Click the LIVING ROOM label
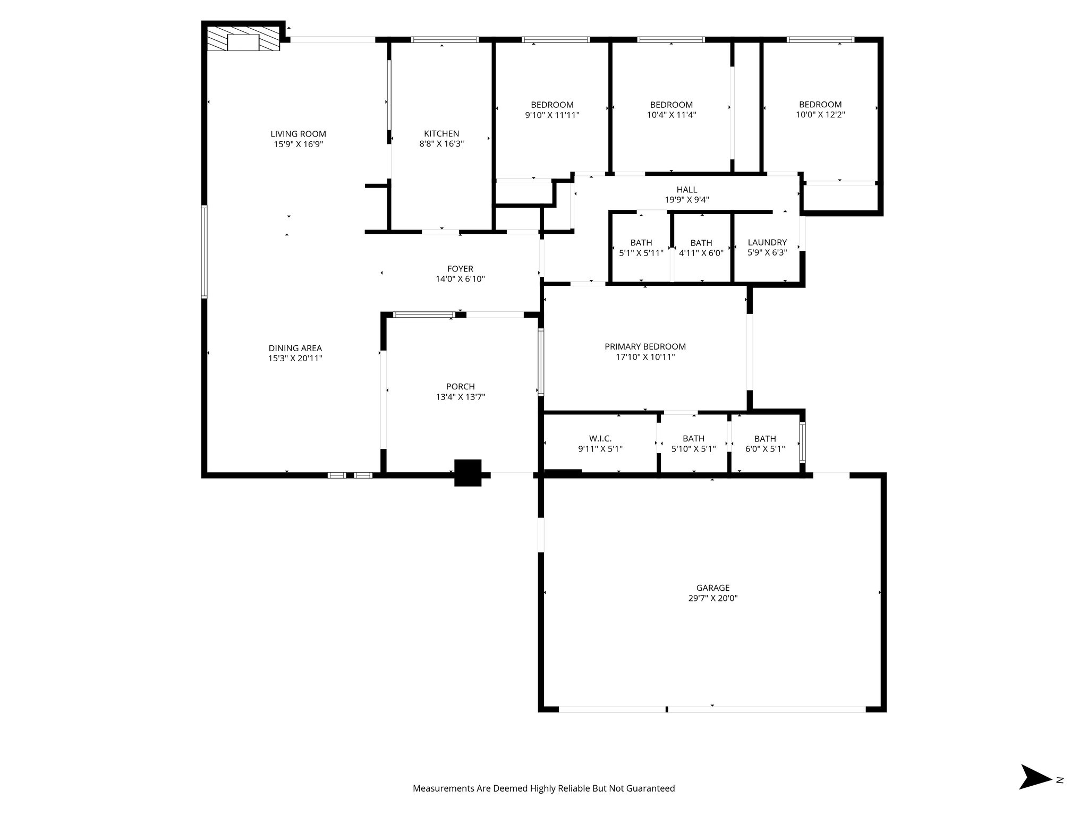coord(298,134)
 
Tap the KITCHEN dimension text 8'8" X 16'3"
coord(441,143)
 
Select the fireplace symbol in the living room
coord(243,41)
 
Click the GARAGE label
coord(712,588)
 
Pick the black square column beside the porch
coord(467,472)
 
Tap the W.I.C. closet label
coord(600,438)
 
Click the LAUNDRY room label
coord(767,242)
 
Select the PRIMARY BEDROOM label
coord(645,346)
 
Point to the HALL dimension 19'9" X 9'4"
coord(686,200)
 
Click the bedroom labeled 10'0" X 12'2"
coord(820,109)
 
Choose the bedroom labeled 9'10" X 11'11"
coord(552,109)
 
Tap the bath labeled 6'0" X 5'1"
coord(765,444)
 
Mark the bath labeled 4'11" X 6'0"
coord(701,248)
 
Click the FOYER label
coord(460,269)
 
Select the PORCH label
coord(460,387)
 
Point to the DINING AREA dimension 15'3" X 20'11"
coord(295,358)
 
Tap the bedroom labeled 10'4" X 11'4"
coord(671,109)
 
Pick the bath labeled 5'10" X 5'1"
coord(693,444)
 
